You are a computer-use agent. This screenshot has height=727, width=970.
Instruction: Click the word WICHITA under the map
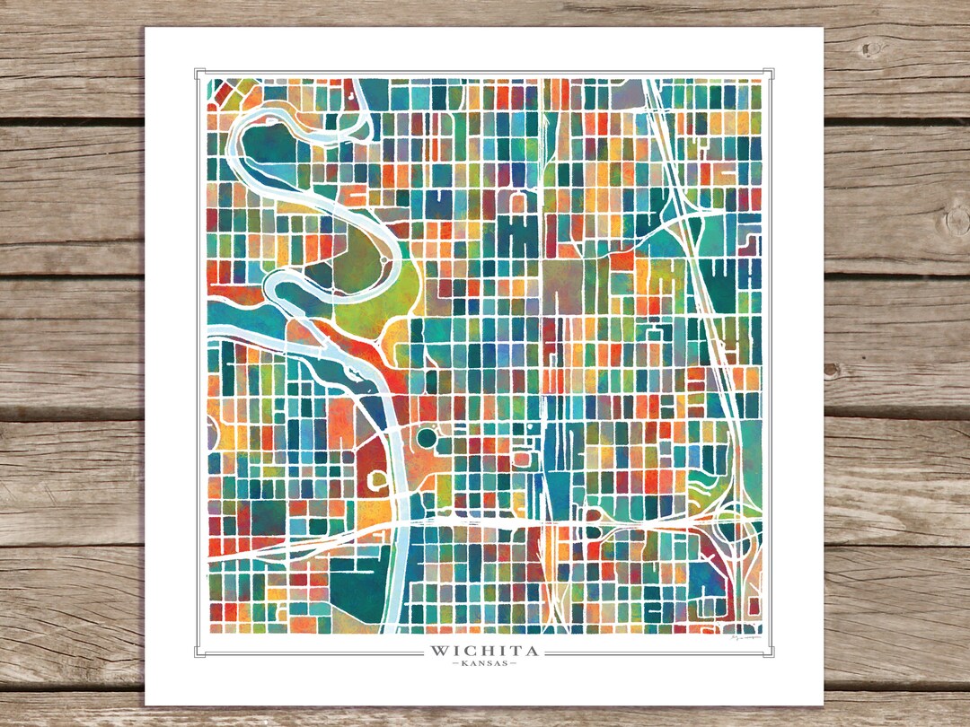(x=485, y=650)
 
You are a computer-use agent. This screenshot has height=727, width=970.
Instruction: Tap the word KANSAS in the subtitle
(x=485, y=664)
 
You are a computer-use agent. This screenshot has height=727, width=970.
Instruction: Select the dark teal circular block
(x=426, y=439)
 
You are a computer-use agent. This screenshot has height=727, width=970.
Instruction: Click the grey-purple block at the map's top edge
(x=630, y=91)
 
